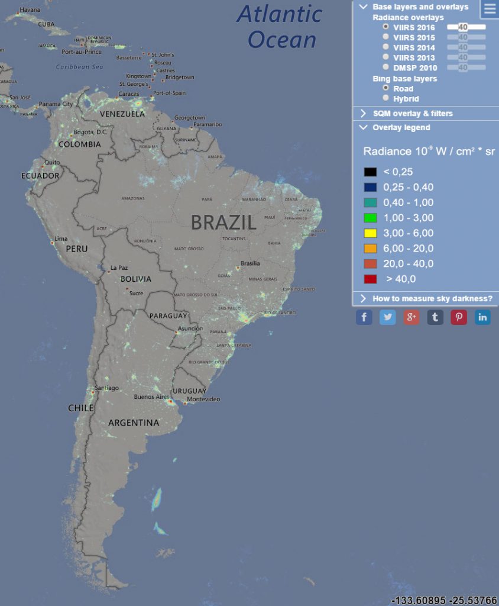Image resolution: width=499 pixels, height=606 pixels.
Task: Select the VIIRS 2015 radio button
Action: (386, 37)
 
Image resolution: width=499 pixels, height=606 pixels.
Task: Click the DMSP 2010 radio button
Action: (386, 67)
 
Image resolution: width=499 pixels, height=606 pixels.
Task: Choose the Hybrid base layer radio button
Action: (386, 98)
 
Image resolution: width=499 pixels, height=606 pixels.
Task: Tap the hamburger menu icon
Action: (490, 9)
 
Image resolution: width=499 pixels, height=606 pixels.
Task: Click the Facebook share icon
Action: (364, 317)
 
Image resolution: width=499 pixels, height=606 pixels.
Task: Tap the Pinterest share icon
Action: (459, 317)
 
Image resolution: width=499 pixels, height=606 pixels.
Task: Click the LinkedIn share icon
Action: (482, 317)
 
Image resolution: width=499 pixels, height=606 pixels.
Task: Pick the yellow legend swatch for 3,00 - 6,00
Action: (370, 233)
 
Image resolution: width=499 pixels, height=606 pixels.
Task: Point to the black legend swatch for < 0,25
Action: (370, 172)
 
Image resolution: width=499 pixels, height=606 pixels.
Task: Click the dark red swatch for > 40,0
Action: (370, 279)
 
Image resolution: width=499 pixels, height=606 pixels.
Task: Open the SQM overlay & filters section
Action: (413, 113)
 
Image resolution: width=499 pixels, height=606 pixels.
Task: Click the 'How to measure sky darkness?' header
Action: (432, 298)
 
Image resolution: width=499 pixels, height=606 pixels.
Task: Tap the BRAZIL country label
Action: (223, 223)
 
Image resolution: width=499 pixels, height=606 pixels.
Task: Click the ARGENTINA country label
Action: (134, 423)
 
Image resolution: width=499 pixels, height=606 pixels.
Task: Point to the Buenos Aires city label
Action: (152, 397)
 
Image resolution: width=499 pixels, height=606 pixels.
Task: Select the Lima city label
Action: (61, 238)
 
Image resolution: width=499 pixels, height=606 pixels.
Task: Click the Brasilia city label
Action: (250, 263)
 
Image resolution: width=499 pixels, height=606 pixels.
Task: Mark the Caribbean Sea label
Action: (80, 67)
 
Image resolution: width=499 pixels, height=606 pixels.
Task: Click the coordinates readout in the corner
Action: (443, 600)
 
